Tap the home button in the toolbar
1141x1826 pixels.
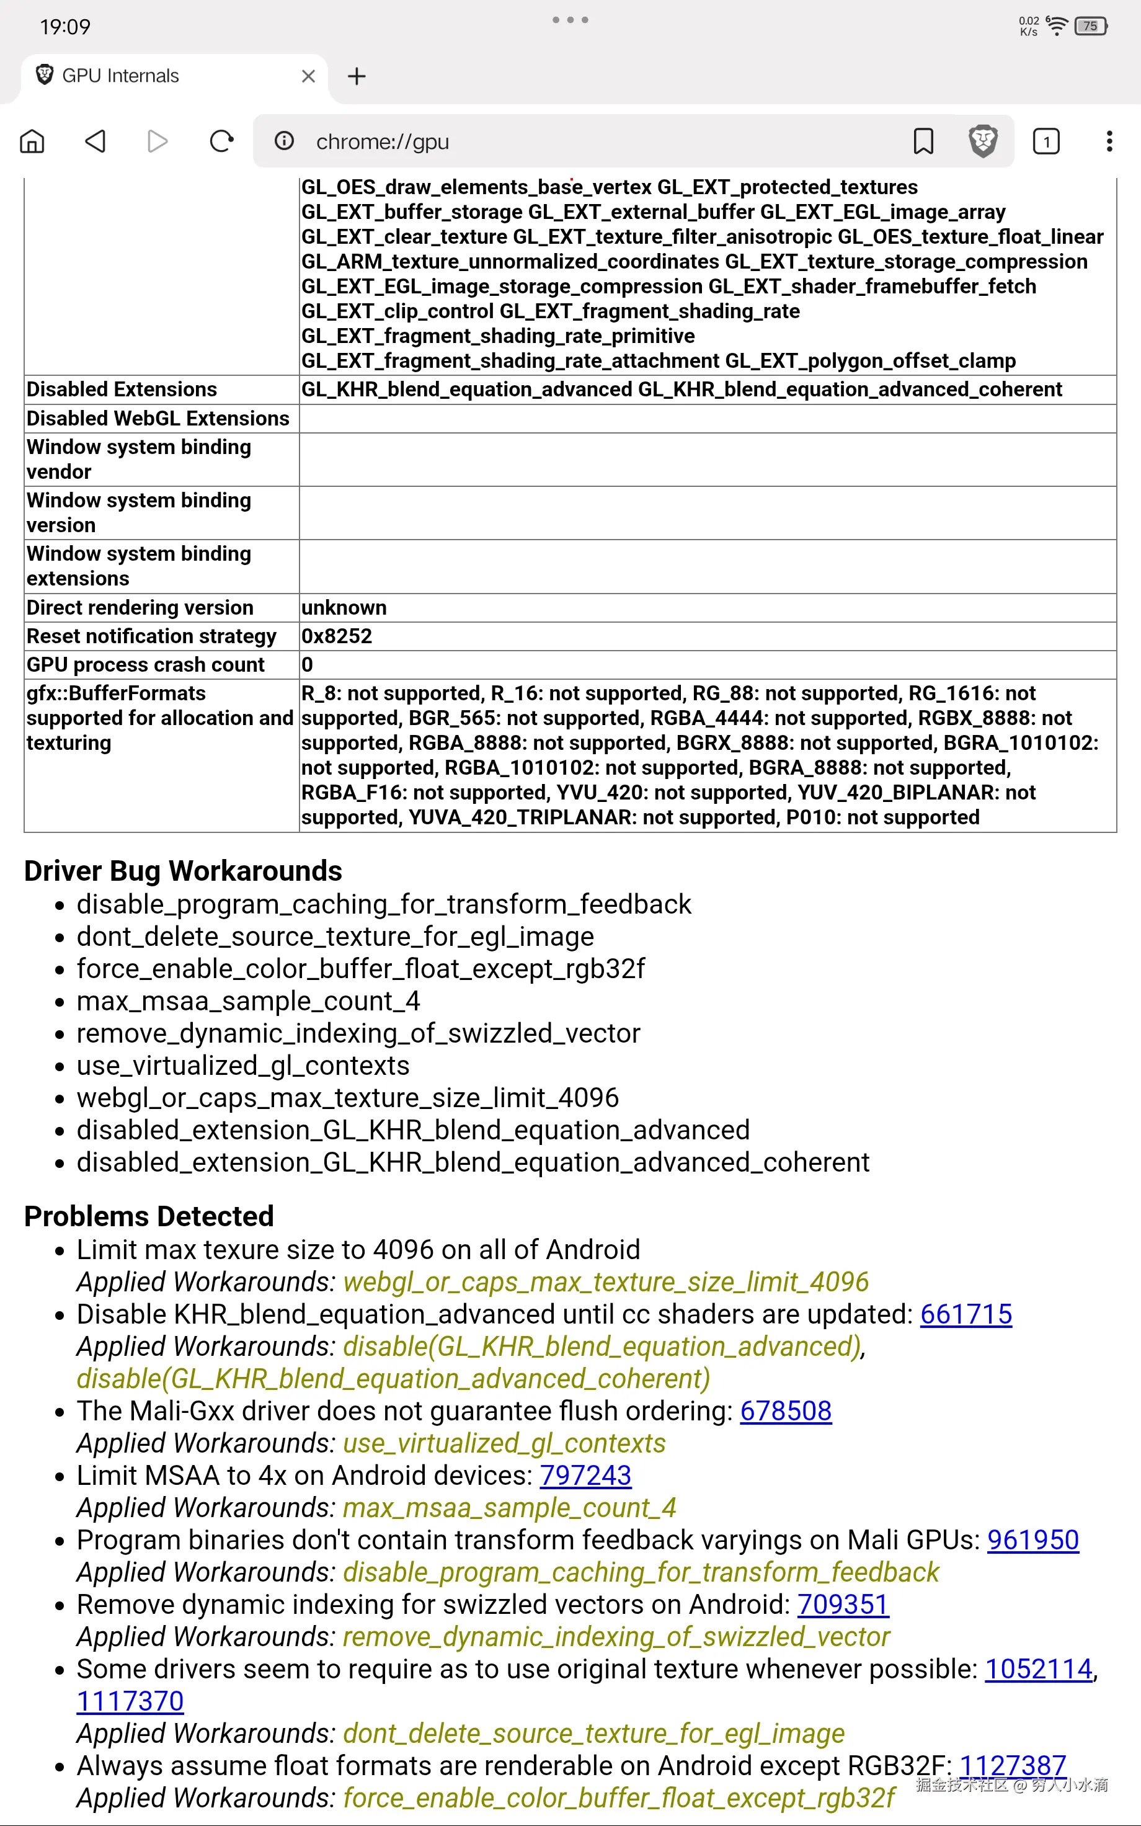click(x=32, y=141)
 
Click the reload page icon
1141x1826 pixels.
click(x=221, y=141)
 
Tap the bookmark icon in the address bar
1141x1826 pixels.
click(x=923, y=141)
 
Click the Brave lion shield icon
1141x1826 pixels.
click(x=982, y=141)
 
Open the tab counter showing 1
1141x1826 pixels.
click(x=1046, y=141)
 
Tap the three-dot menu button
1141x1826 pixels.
click(x=1109, y=141)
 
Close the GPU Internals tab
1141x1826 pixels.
click(x=308, y=76)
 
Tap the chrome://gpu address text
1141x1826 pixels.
click(x=383, y=142)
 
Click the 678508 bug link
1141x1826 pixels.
click(x=786, y=1411)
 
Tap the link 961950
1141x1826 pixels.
click(x=1033, y=1540)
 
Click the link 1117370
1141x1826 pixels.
click(x=130, y=1701)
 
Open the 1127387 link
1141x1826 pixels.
click(x=1012, y=1766)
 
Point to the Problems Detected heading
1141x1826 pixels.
click(x=149, y=1216)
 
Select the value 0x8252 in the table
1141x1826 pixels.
click(x=337, y=636)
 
